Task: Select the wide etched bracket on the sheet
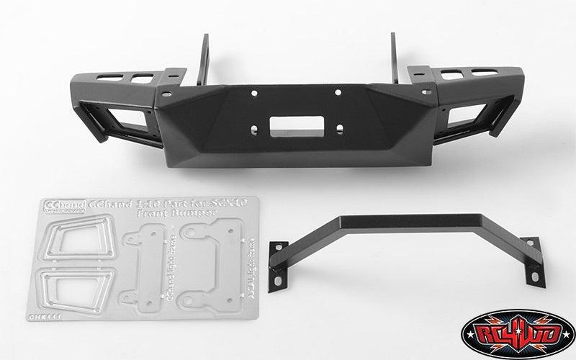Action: pyautogui.click(x=206, y=264)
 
